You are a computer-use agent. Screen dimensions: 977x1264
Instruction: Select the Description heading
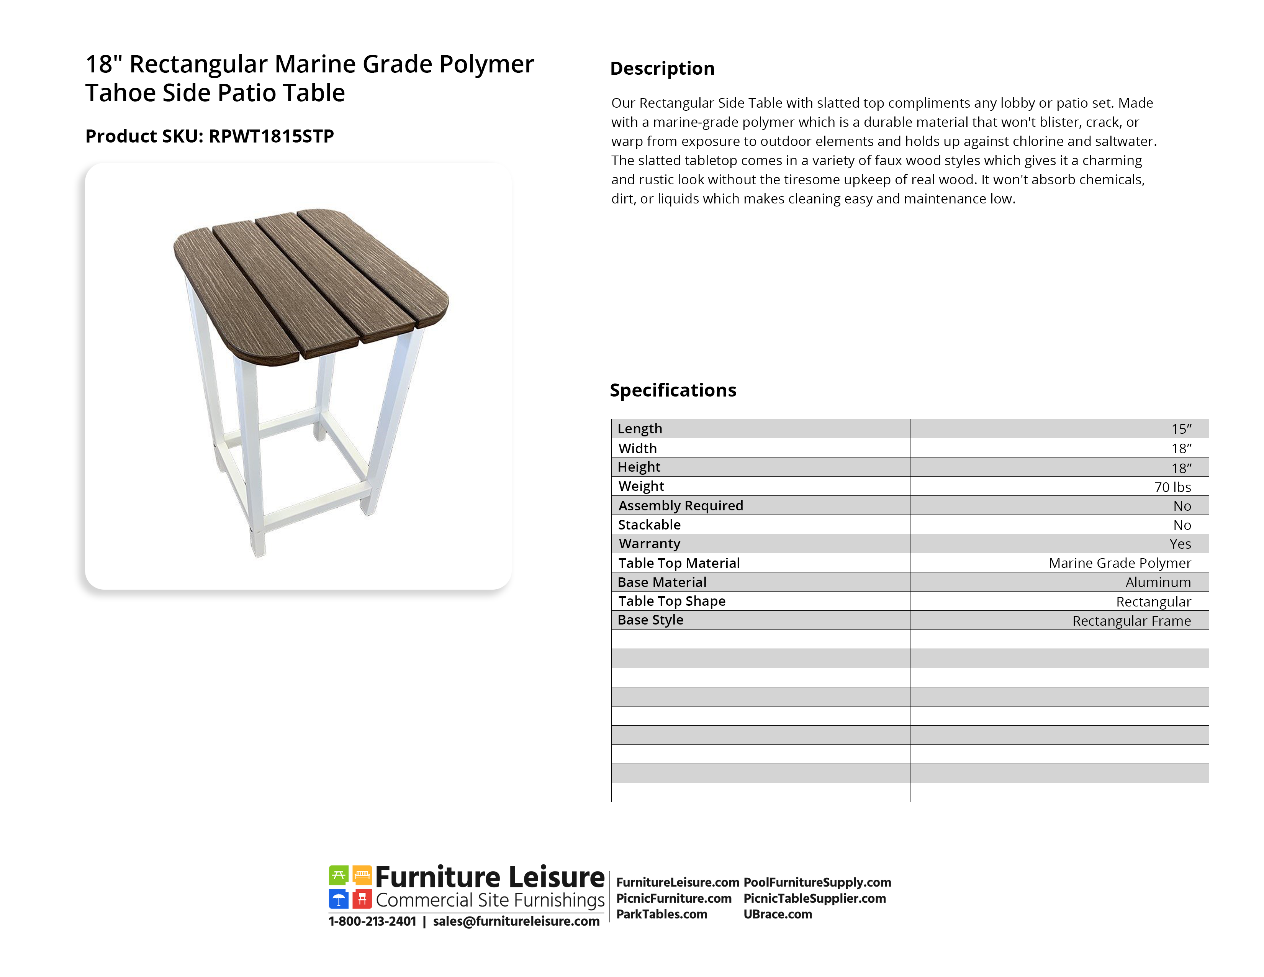coord(662,68)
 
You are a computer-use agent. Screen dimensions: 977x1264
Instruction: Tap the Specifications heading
coord(673,390)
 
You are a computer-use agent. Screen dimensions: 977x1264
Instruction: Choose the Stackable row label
coord(649,525)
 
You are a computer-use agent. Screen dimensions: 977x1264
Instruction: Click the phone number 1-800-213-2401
coord(372,921)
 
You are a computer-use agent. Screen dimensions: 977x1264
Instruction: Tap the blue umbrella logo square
coord(339,899)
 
